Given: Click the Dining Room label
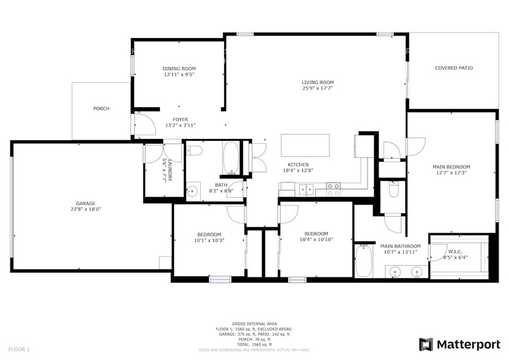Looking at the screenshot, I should tap(179, 69).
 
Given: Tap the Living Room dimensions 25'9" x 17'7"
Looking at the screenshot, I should tap(317, 88).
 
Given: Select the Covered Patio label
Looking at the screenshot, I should tap(453, 68).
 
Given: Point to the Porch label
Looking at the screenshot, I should tap(101, 108).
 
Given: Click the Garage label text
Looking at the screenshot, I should tap(85, 203).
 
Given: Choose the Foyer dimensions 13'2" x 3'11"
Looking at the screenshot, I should tap(180, 126).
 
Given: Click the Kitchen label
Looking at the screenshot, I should tap(298, 165).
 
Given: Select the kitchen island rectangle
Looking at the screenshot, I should tap(305, 146).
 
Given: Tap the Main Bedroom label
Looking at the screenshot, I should tap(451, 167).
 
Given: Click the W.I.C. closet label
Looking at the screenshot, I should tap(455, 251).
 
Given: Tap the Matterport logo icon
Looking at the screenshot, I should tap(426, 344).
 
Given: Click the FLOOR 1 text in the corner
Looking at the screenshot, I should tap(19, 349).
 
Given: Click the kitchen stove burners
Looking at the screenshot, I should tap(333, 189).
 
